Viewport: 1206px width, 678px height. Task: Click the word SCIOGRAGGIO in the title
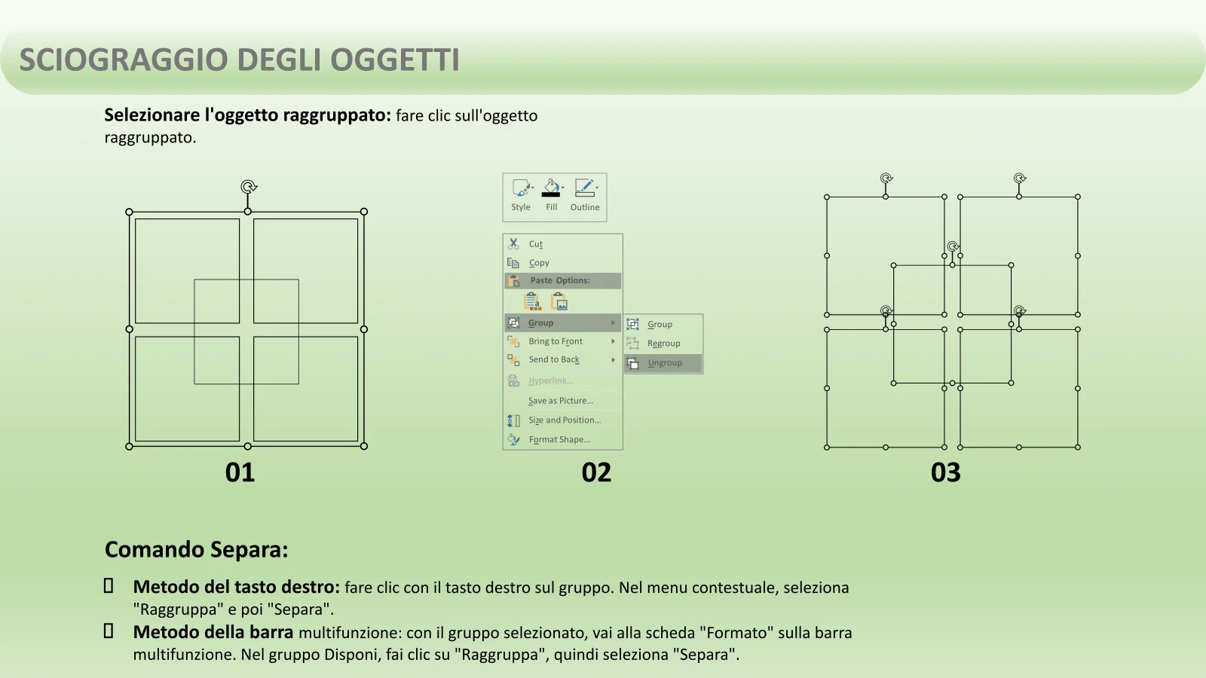(x=124, y=60)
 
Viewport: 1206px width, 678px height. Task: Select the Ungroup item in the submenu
(x=663, y=363)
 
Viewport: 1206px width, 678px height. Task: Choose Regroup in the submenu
(x=663, y=344)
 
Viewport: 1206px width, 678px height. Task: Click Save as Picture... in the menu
(x=561, y=401)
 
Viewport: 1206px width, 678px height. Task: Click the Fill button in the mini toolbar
(x=551, y=195)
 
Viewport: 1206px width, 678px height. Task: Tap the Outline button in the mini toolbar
(x=585, y=195)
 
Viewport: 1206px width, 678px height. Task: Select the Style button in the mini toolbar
(x=521, y=195)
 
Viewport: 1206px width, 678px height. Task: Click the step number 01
(x=240, y=472)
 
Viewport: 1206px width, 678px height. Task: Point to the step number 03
(x=945, y=472)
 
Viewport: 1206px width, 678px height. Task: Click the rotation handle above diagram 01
(x=248, y=187)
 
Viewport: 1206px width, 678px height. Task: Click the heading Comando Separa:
(x=197, y=549)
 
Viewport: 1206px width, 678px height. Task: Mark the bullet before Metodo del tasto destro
(x=109, y=586)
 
